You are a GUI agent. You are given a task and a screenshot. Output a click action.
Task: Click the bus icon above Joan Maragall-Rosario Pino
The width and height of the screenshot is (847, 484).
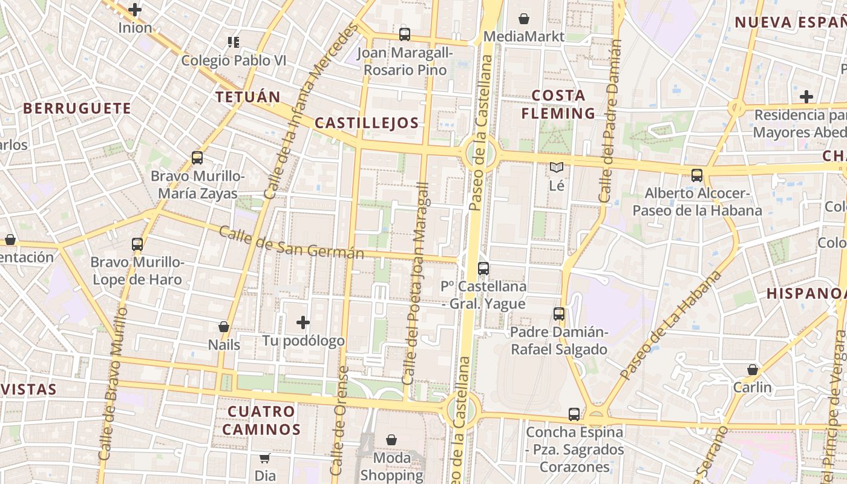tap(404, 34)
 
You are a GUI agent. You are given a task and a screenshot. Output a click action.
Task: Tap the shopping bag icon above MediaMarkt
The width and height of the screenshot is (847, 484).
tap(524, 19)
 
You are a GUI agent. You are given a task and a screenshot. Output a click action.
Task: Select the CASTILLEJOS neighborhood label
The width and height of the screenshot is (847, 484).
tap(367, 123)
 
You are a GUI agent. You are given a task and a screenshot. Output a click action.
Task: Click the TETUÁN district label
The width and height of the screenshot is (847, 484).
tap(248, 97)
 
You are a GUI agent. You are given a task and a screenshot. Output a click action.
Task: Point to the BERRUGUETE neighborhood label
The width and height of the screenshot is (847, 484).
tap(77, 108)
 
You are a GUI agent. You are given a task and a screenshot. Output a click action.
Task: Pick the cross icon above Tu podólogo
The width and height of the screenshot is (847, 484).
tap(303, 322)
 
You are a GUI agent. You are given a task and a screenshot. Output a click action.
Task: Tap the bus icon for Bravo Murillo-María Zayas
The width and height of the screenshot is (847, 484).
tap(197, 158)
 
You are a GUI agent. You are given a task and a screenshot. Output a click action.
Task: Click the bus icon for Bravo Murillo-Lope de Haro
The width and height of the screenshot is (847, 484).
tap(137, 244)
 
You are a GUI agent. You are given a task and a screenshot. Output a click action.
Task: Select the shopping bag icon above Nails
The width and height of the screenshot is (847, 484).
tap(224, 327)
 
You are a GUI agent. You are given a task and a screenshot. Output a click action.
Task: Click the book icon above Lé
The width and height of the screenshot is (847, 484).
tap(556, 168)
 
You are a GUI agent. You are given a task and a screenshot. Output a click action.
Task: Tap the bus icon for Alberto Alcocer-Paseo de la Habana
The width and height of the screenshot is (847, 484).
tap(697, 175)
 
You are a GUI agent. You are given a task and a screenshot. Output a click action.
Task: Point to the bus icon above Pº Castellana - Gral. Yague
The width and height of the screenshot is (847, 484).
tap(483, 268)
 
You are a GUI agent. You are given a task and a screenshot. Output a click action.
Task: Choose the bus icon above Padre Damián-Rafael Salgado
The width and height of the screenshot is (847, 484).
tap(559, 314)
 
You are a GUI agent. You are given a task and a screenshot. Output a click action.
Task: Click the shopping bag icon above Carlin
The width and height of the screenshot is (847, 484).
tap(752, 369)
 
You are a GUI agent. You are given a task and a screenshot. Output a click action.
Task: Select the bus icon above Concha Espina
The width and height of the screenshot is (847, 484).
tap(574, 414)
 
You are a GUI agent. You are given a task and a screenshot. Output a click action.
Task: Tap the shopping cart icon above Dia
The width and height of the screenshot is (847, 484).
tap(264, 458)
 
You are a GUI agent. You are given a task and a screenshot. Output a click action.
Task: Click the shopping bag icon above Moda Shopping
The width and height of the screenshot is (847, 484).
tap(391, 440)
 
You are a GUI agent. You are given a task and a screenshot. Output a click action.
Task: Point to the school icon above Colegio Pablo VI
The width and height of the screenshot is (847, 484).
tap(234, 42)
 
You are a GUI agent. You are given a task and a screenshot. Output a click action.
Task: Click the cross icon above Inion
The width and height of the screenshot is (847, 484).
tap(135, 10)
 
